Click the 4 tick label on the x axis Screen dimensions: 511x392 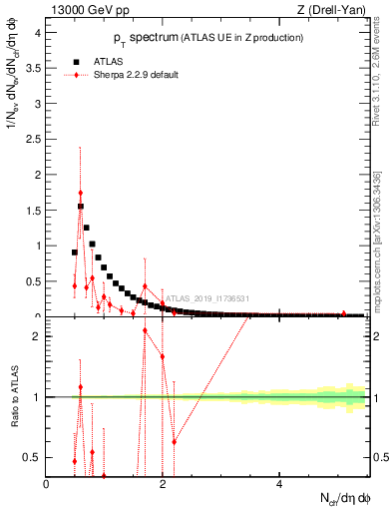tap(278, 484)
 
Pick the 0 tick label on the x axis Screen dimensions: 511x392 tap(47, 484)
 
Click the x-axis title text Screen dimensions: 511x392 tap(346, 499)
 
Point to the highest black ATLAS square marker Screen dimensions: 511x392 tap(81, 207)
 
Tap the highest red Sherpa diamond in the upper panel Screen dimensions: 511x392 tap(80, 193)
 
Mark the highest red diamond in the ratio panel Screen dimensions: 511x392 tap(145, 330)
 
